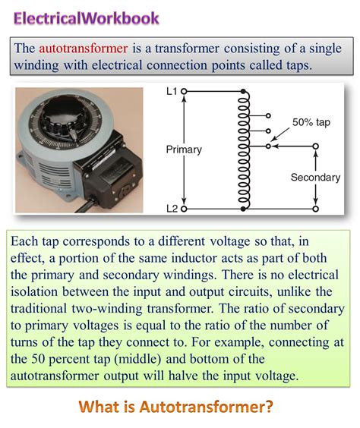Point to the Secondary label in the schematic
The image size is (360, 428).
pos(315,177)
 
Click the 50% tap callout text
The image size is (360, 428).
pos(311,121)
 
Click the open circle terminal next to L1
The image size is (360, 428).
pos(184,90)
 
